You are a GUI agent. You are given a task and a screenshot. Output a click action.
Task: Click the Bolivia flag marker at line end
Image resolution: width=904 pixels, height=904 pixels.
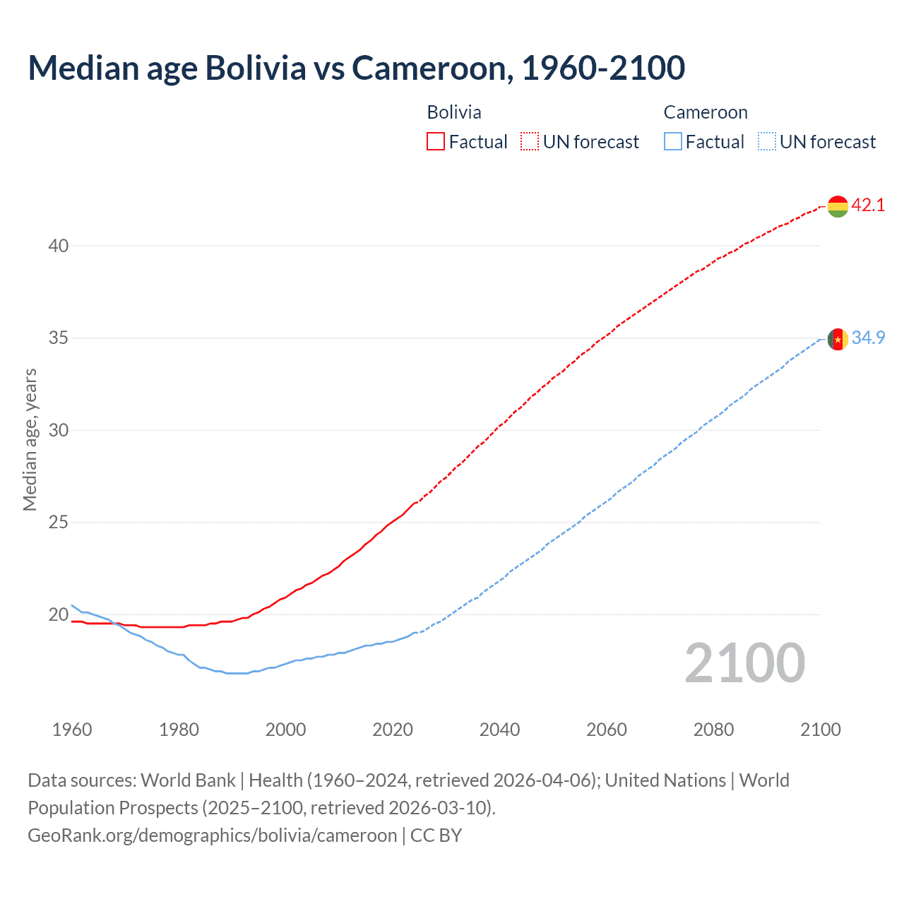838,206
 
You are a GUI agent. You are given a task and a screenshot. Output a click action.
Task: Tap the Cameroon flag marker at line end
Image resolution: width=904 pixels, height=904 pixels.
838,340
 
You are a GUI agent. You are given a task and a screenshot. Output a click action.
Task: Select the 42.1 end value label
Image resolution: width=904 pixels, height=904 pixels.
868,206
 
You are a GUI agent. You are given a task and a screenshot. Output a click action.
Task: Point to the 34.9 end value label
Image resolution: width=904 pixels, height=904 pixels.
868,338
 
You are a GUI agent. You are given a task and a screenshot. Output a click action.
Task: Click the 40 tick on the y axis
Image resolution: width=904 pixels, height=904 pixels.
59,246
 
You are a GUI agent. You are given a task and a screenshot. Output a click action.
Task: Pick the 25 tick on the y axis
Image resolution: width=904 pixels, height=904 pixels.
59,523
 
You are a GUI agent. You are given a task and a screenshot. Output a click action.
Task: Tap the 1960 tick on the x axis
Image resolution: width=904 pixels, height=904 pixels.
72,730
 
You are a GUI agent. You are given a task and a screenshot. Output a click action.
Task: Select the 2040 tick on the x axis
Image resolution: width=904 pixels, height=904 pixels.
499,730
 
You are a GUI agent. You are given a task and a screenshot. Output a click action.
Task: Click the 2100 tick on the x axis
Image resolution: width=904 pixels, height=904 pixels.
821,730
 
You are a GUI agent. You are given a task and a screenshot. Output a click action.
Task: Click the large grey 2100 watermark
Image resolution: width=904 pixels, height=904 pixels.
744,662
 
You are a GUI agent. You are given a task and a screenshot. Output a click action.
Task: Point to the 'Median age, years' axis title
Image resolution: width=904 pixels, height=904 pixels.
30,439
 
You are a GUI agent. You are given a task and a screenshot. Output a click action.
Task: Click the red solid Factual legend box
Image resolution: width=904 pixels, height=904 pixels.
436,142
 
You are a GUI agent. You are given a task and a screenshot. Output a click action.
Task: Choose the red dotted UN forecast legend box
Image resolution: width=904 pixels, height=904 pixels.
530,142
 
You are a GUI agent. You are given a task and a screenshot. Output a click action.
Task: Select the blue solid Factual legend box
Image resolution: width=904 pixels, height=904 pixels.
672,142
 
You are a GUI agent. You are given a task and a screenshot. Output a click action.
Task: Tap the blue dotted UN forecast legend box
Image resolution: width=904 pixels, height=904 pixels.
766,142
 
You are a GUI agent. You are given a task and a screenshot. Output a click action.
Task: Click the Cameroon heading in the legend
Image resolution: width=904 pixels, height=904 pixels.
705,112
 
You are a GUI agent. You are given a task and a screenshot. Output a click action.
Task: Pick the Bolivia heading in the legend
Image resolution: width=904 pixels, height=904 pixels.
454,112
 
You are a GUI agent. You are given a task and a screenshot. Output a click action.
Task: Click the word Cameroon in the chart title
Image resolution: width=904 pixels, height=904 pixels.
432,68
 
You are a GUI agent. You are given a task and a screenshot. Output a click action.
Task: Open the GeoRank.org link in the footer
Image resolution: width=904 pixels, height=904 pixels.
212,835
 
